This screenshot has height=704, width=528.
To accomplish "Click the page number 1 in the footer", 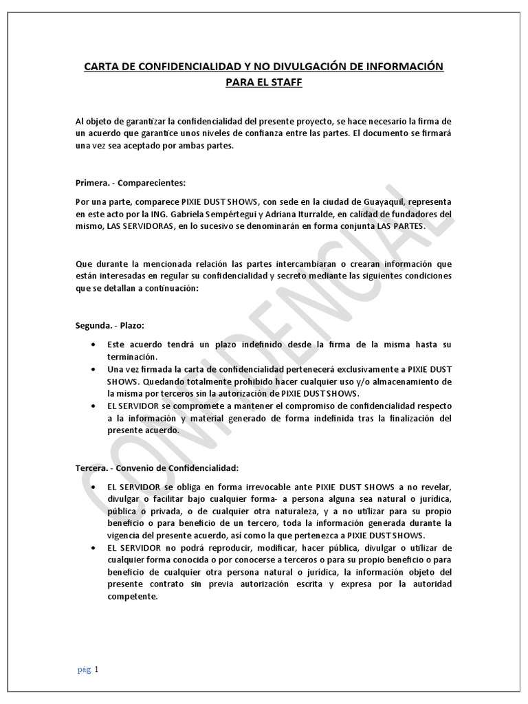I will click(x=97, y=668).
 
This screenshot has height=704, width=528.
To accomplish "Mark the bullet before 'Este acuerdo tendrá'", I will click(x=93, y=343).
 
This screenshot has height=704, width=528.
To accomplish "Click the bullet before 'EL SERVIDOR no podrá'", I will click(x=93, y=547).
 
